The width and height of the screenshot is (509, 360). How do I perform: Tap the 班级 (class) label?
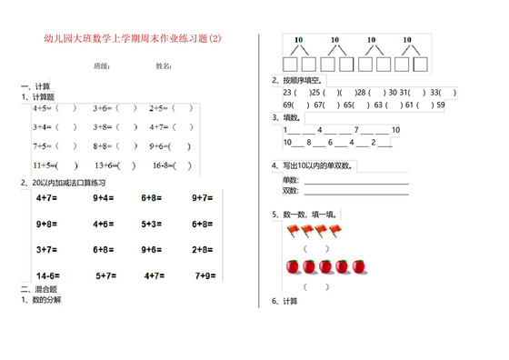coord(102,67)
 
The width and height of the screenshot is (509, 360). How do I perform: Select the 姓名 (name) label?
coord(164,67)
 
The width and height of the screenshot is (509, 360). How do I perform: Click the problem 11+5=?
coord(45,165)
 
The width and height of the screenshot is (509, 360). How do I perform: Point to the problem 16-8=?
coord(165,165)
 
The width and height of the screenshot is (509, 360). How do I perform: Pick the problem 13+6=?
coord(108,165)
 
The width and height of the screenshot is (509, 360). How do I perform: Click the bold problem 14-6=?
coord(48,275)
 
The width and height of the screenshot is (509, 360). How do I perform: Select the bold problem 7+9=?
coord(203,275)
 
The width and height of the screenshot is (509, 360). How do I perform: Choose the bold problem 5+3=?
coord(153,223)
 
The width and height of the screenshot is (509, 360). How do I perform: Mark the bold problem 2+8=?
coord(203,248)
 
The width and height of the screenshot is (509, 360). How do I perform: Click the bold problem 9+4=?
coord(103,196)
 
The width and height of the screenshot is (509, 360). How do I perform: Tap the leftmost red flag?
coord(294,231)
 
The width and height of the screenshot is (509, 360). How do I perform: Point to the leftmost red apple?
coord(293,266)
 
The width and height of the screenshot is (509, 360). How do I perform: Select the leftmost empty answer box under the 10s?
coord(290,65)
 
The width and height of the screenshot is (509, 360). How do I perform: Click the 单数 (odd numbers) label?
coord(290,181)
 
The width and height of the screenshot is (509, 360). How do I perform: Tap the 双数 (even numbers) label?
coord(290,191)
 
